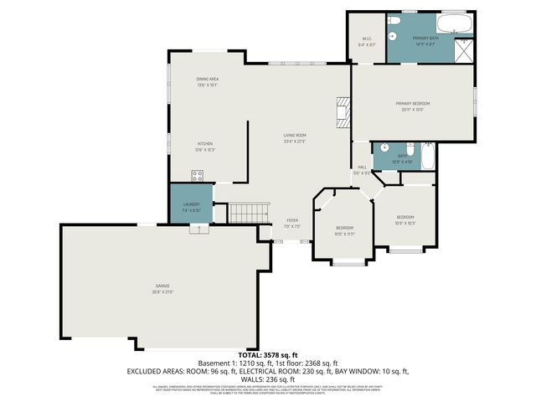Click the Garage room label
pos(162,286)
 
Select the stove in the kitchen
pos(198,175)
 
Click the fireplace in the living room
pos(342,111)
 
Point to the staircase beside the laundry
pos(247,213)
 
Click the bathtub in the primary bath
pos(456,23)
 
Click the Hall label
pos(362,167)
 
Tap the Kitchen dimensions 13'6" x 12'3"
pos(206,150)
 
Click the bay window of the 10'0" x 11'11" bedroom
pos(345,263)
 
